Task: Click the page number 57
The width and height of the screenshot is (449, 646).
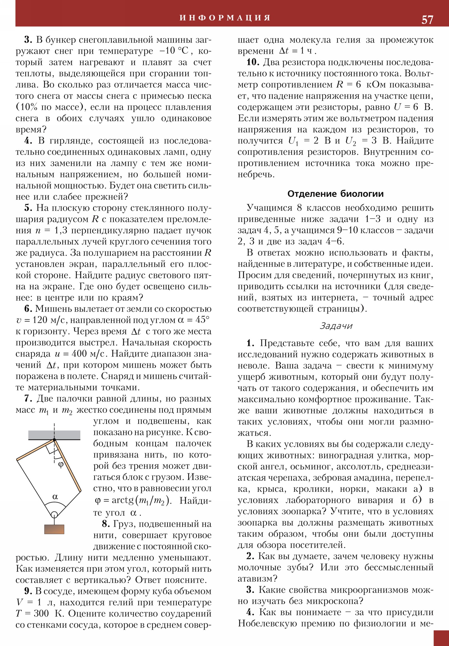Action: click(x=427, y=20)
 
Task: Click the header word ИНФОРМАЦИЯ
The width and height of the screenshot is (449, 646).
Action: click(x=225, y=18)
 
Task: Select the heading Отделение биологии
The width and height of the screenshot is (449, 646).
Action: click(x=335, y=194)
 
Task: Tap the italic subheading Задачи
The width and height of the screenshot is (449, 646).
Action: click(x=336, y=326)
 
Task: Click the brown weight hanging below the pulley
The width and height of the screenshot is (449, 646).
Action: click(x=54, y=529)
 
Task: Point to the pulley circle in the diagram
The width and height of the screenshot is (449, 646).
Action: click(x=54, y=514)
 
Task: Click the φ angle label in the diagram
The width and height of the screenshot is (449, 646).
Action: click(x=61, y=464)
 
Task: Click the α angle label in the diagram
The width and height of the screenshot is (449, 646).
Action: click(x=55, y=497)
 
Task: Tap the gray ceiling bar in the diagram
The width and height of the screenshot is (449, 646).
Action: click(x=54, y=435)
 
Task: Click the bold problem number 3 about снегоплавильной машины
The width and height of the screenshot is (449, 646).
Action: click(x=28, y=40)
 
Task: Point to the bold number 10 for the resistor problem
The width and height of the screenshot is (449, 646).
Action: click(x=253, y=62)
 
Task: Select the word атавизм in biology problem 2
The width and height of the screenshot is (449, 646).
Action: click(x=257, y=579)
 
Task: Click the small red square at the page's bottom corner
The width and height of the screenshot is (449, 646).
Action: click(x=441, y=638)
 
